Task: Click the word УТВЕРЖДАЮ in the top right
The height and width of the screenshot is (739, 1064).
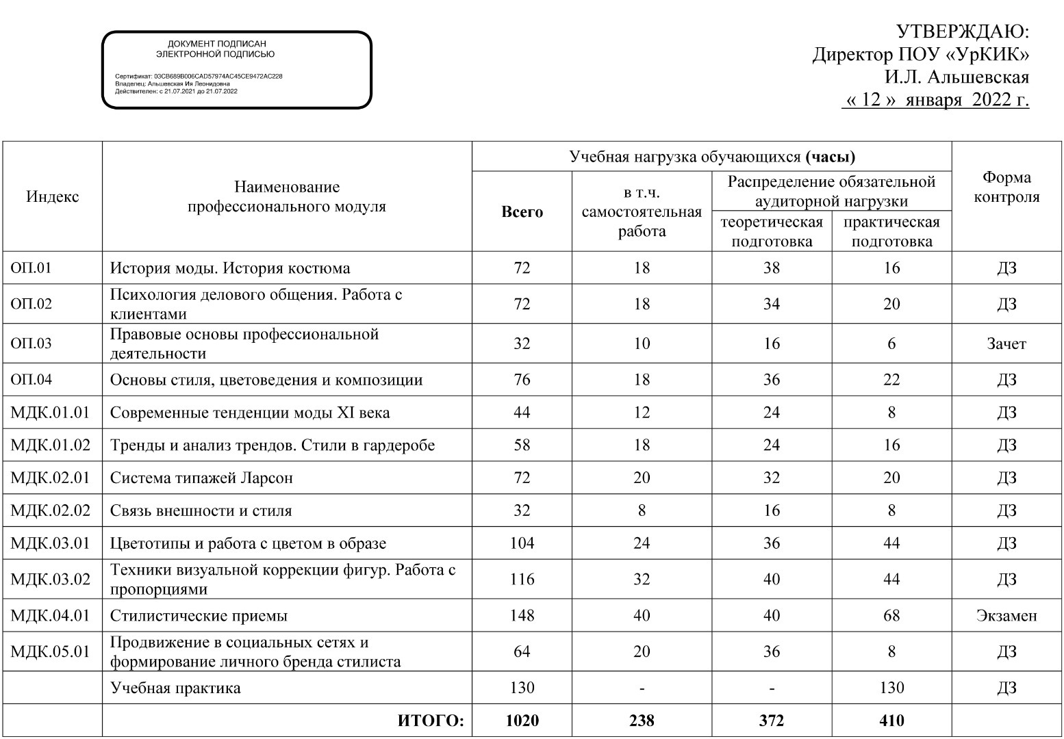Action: [x=962, y=32]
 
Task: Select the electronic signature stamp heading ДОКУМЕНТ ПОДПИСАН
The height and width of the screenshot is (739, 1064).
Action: [x=216, y=44]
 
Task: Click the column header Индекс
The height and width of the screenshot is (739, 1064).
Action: [x=53, y=197]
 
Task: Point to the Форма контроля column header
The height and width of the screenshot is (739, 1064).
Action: [x=1006, y=187]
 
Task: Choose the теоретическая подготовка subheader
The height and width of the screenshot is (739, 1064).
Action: [x=772, y=231]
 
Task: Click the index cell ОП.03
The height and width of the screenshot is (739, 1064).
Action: [x=31, y=343]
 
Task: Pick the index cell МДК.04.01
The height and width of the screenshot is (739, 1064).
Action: [x=50, y=615]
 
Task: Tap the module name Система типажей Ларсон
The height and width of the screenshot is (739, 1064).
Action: [x=201, y=478]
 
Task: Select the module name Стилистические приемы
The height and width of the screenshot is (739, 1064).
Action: [x=199, y=615]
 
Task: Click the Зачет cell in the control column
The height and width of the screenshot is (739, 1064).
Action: [x=1006, y=343]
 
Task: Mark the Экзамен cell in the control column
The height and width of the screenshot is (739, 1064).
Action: [x=1006, y=615]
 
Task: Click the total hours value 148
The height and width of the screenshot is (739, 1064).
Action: [x=522, y=615]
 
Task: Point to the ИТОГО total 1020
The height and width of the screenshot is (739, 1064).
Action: [x=522, y=721]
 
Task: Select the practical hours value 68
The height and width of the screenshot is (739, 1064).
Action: [x=891, y=615]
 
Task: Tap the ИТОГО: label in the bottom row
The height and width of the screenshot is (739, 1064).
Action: [x=431, y=721]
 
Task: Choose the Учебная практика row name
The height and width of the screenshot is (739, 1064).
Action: [x=175, y=688]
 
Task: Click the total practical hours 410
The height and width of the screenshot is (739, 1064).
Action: [x=891, y=721]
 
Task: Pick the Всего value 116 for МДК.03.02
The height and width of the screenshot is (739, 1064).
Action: [x=522, y=580]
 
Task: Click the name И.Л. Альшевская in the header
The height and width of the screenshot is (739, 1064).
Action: [x=957, y=77]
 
